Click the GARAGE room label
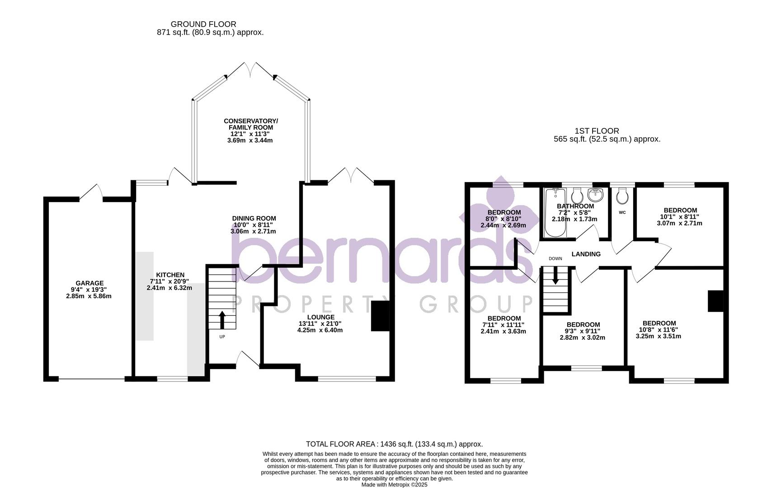click(x=89, y=283)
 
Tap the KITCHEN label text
click(x=170, y=275)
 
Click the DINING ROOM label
click(x=254, y=218)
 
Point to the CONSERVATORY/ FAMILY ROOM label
click(x=251, y=124)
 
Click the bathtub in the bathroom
click(x=555, y=212)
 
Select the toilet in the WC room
click(x=622, y=196)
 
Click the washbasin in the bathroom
click(x=595, y=195)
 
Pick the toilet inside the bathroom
click(x=577, y=196)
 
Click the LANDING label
click(x=586, y=254)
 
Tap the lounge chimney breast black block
click(x=380, y=316)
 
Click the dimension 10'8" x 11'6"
click(x=659, y=330)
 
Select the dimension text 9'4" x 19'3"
click(x=89, y=290)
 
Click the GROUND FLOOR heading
click(x=203, y=24)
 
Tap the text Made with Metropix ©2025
click(x=394, y=485)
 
